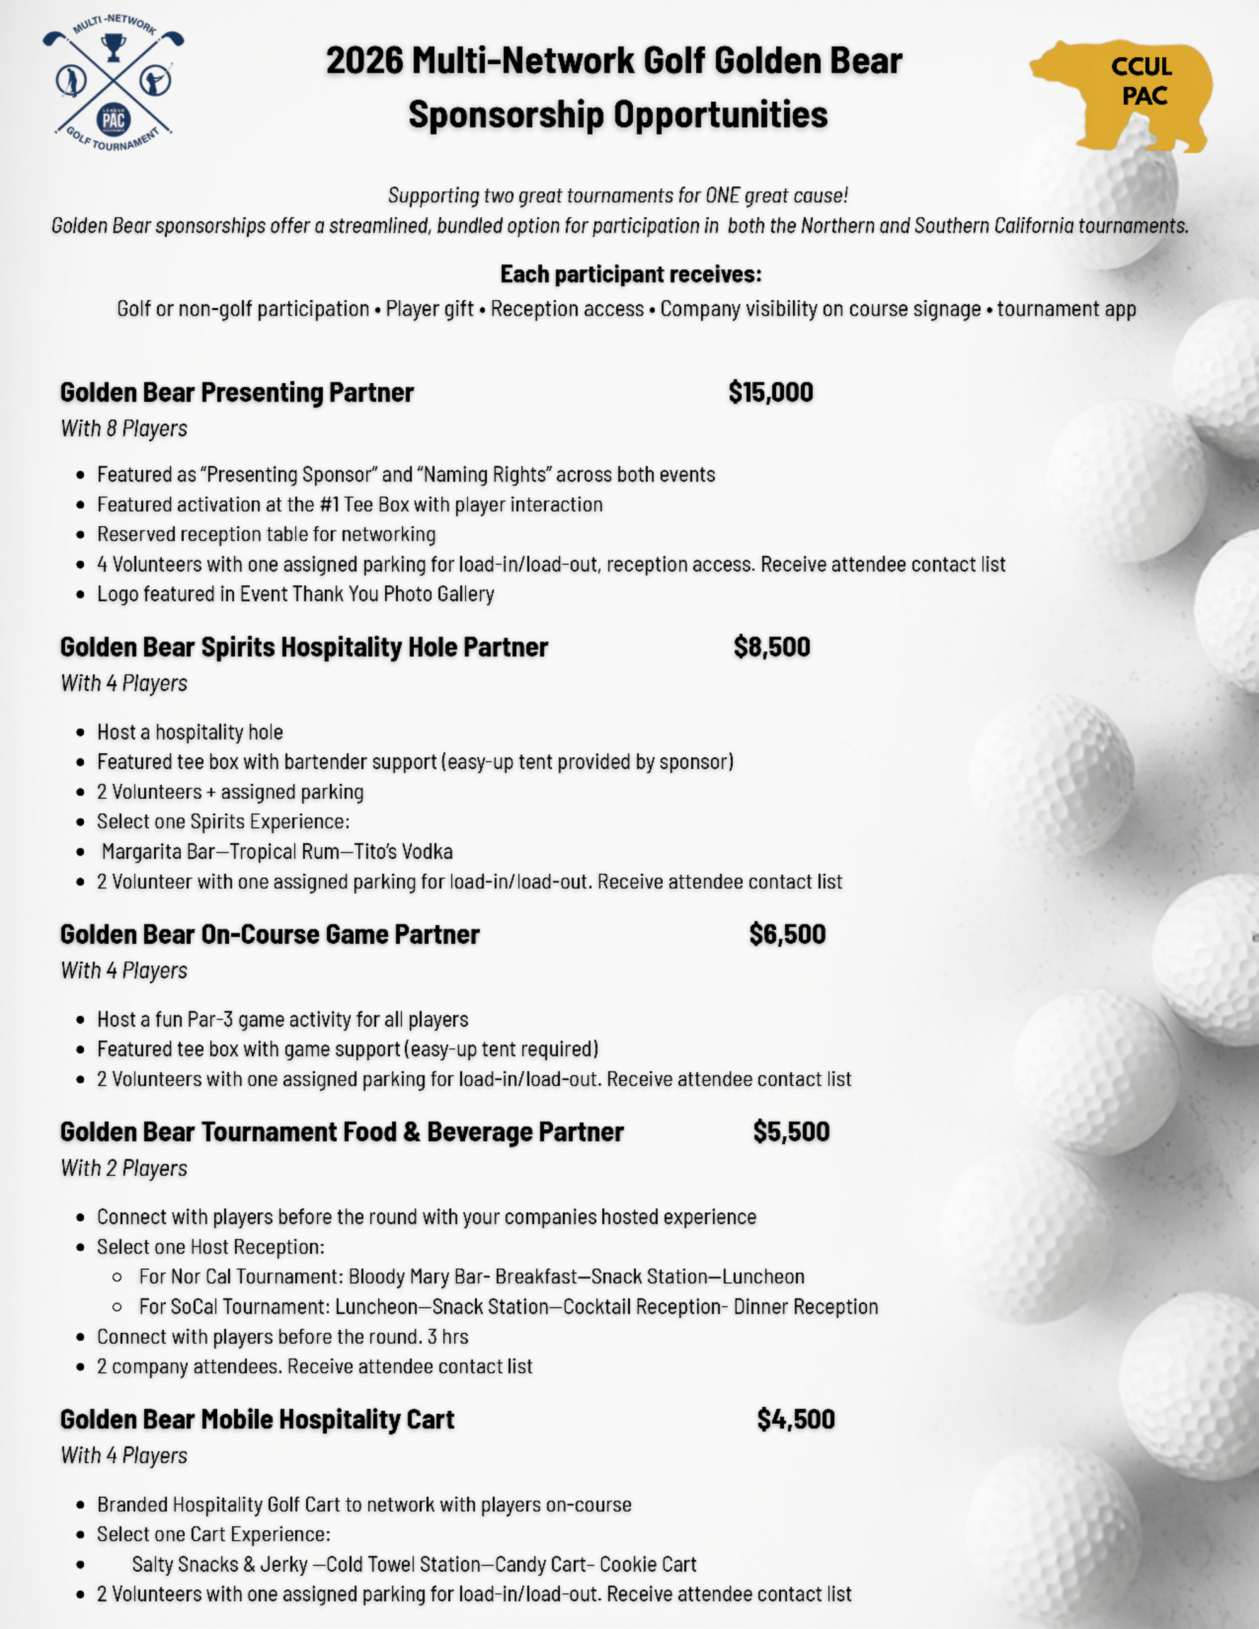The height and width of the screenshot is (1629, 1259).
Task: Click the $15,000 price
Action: tap(771, 392)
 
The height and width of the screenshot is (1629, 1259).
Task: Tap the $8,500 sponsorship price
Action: tap(771, 646)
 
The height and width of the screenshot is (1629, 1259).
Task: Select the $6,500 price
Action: tap(787, 934)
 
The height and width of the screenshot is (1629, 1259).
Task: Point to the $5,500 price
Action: tap(791, 1132)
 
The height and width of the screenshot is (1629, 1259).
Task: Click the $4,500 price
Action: tap(795, 1419)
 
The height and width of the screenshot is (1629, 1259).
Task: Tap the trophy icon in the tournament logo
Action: tap(113, 49)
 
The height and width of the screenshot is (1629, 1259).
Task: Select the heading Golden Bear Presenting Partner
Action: tap(237, 392)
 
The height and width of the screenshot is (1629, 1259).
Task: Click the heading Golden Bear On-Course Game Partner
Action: tap(269, 934)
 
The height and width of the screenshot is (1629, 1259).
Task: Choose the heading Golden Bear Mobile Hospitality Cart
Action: tap(257, 1419)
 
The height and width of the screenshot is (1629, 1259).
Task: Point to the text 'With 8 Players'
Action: tap(124, 429)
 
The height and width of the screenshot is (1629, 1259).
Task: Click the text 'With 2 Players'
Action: tap(124, 1168)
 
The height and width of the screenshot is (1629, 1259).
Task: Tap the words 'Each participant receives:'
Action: tap(630, 274)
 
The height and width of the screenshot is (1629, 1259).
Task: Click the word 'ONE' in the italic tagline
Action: tap(722, 195)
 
